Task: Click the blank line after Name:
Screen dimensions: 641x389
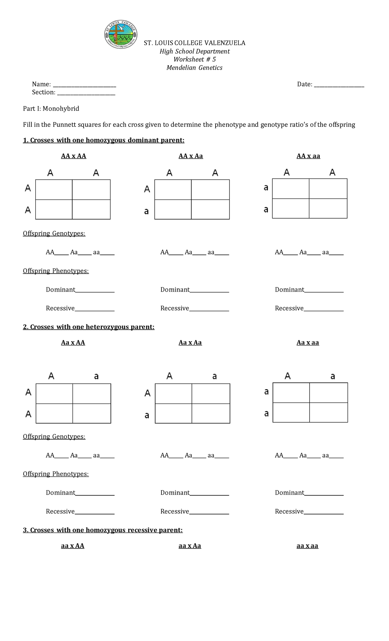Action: (x=84, y=85)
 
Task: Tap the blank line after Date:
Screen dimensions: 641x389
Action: (x=339, y=85)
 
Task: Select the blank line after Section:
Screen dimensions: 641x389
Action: (x=86, y=93)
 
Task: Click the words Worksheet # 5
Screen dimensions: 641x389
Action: (x=194, y=59)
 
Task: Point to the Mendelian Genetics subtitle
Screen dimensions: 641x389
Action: (x=194, y=68)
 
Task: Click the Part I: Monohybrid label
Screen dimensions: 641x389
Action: (x=51, y=109)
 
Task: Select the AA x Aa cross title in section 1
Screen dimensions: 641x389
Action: (x=191, y=156)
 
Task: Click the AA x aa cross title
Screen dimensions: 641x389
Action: (x=308, y=156)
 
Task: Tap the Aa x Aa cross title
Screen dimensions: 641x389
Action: (x=190, y=343)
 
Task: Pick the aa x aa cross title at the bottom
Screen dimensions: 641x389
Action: (x=307, y=546)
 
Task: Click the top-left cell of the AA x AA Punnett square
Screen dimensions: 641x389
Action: (x=54, y=190)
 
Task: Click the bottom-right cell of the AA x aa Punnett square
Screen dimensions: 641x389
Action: (x=328, y=208)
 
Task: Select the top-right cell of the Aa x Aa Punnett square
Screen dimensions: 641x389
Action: (x=211, y=394)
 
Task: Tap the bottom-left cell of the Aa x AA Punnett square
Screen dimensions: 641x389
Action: (x=54, y=413)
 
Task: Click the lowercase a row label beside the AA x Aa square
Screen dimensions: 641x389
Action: (x=147, y=212)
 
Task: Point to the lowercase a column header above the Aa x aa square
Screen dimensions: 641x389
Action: (x=333, y=376)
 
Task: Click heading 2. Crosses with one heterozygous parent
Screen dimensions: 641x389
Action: (x=88, y=327)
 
